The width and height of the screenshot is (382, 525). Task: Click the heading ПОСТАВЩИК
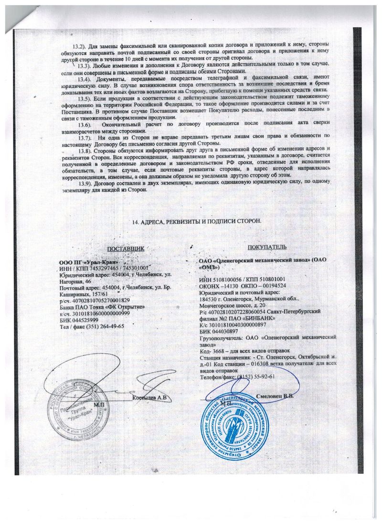[126, 250]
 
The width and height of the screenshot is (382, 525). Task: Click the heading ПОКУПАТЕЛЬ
[267, 247]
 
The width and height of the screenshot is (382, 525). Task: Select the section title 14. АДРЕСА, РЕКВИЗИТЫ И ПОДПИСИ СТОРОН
[196, 222]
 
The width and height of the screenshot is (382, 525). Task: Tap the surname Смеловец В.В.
[276, 396]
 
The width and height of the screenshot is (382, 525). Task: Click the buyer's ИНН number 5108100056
[227, 279]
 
